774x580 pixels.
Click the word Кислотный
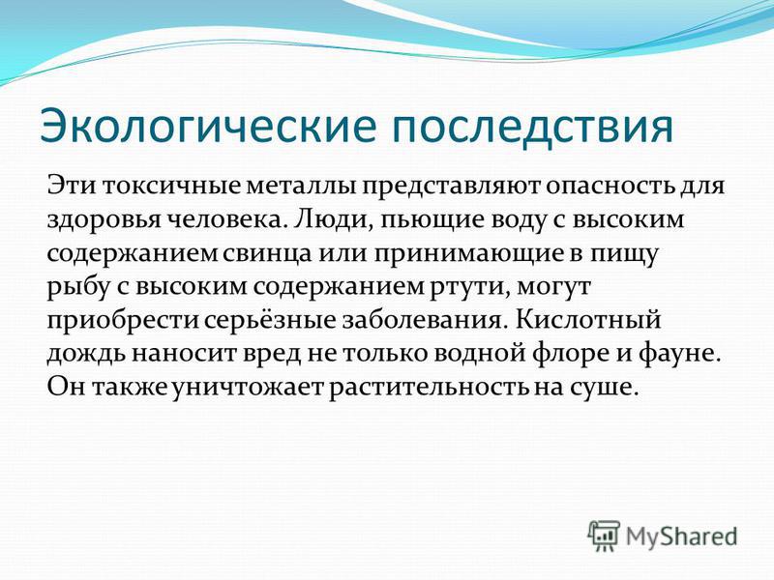(x=588, y=319)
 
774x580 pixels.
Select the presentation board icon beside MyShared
(x=604, y=536)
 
